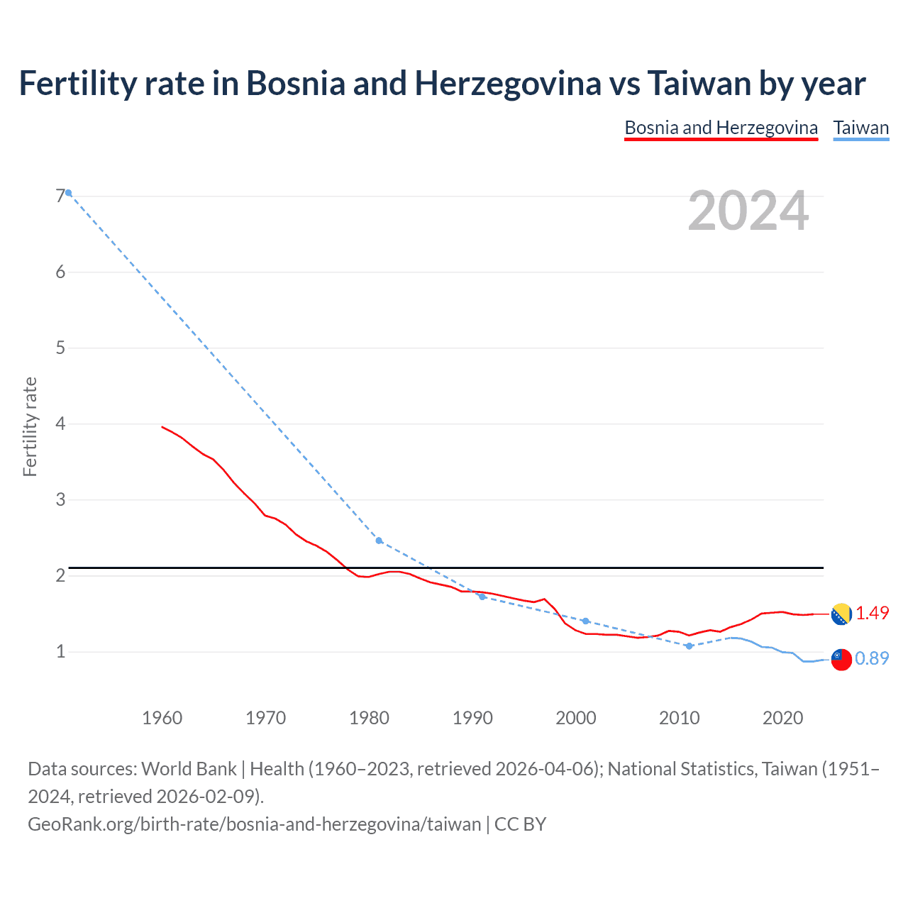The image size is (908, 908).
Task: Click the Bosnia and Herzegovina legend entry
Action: point(721,128)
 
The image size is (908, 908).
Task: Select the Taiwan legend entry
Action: point(860,128)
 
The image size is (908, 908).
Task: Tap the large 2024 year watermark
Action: point(748,211)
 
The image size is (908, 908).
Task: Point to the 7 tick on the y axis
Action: point(60,196)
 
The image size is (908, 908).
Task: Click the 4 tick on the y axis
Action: point(60,423)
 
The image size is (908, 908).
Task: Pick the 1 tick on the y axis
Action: point(60,651)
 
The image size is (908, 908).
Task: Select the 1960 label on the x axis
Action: point(162,718)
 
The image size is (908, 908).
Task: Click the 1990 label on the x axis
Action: point(472,718)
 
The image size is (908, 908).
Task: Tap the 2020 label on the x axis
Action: point(782,718)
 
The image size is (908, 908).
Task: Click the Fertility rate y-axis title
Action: point(30,426)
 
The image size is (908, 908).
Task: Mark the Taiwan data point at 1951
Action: point(69,193)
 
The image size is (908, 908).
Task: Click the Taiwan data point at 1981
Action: point(379,541)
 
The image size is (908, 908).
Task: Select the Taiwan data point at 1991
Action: point(482,597)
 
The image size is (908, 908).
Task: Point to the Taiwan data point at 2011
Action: point(689,646)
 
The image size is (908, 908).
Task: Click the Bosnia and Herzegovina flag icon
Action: point(841,614)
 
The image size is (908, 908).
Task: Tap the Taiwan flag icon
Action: point(841,659)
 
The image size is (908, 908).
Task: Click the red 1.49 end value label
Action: point(872,614)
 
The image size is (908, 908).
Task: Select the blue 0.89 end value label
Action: point(872,659)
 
